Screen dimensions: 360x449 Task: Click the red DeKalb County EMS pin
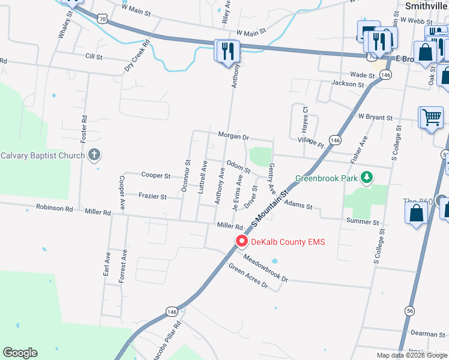click(x=242, y=241)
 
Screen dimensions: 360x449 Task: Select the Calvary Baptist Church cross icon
click(x=94, y=156)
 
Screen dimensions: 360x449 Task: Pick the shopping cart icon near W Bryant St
click(x=432, y=118)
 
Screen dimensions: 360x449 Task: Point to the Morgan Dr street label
click(x=233, y=136)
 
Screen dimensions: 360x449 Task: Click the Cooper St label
click(x=156, y=175)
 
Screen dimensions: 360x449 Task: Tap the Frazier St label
click(x=152, y=196)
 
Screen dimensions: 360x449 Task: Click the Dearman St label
click(x=427, y=334)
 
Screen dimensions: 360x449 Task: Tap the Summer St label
click(x=363, y=222)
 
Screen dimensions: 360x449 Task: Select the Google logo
click(x=20, y=353)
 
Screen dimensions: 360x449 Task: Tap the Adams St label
click(x=298, y=206)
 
